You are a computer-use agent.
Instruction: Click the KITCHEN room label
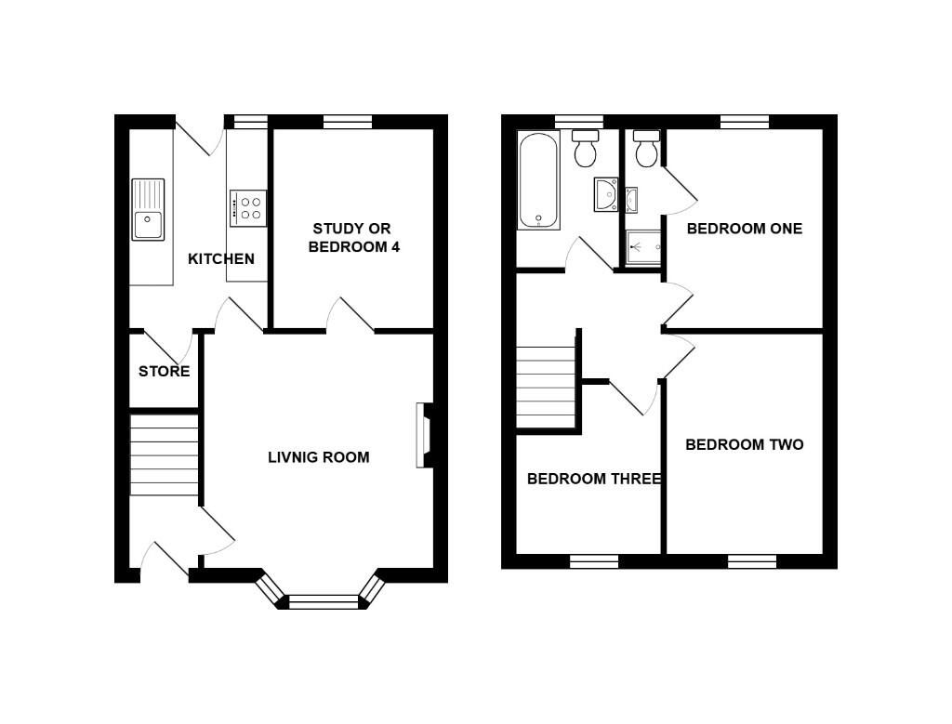tap(221, 259)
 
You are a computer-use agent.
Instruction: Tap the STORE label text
tap(164, 372)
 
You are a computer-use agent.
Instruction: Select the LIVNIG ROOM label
tap(319, 457)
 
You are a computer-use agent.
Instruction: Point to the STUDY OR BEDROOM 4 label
tap(353, 238)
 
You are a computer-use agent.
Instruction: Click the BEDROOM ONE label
tap(745, 229)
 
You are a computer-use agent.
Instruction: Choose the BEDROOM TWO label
tap(745, 445)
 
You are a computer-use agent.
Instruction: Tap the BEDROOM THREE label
tap(594, 479)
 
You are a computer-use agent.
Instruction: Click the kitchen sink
tap(148, 209)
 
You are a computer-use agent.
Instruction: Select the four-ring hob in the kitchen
tap(247, 208)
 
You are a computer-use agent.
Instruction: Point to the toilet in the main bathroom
tap(586, 148)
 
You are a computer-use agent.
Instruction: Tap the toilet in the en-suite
tap(647, 148)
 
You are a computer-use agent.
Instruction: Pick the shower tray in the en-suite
tap(643, 247)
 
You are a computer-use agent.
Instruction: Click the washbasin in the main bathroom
tap(606, 194)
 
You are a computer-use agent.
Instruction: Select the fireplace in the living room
tap(424, 435)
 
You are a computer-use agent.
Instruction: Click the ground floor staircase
tap(164, 454)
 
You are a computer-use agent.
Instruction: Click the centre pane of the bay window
tap(324, 602)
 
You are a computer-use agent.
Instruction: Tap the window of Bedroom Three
tap(594, 561)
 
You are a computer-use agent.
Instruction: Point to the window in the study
tap(348, 122)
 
